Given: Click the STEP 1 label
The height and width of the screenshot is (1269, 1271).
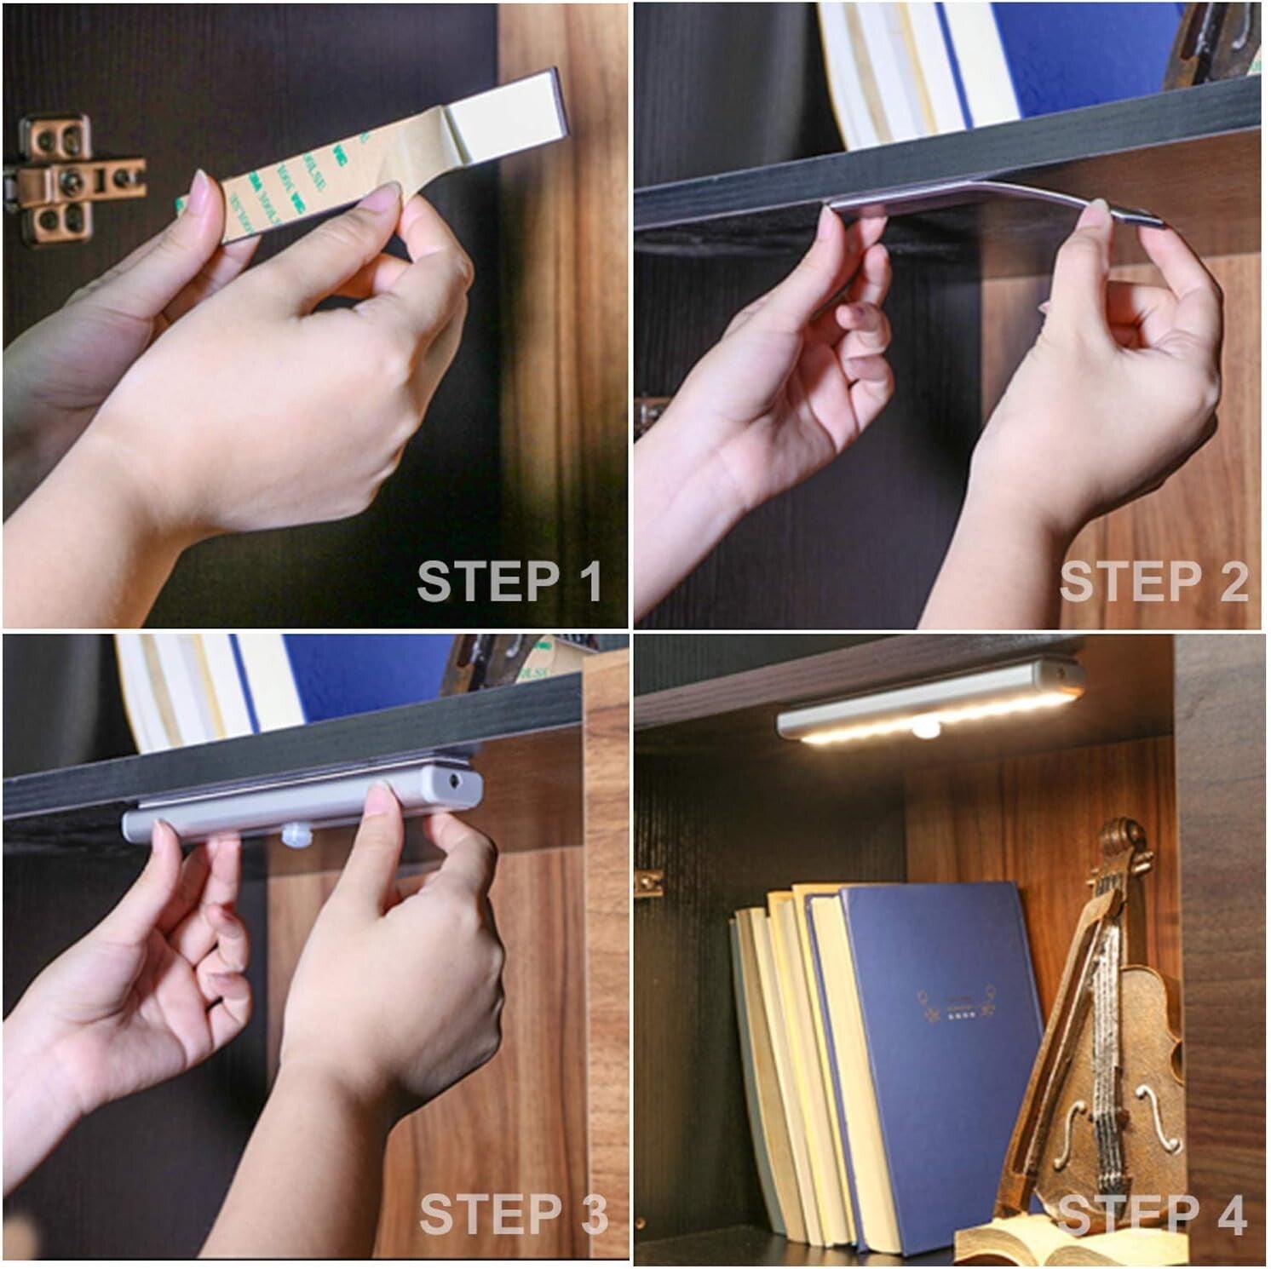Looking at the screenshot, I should [x=509, y=583].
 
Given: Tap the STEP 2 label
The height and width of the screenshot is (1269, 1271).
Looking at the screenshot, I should [x=1153, y=583].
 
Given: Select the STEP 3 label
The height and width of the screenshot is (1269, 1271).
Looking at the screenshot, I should [x=513, y=1214].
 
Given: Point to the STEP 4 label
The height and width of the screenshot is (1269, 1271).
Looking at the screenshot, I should [x=1152, y=1214].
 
